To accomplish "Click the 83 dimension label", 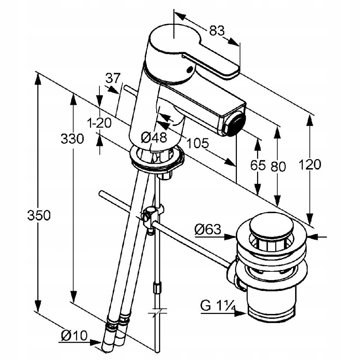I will pos(217,31).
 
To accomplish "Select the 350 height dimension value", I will pos(39,216).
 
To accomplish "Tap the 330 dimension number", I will pos(72,138).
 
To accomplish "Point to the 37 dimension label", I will pos(113,77).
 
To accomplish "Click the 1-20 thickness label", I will pos(99,123).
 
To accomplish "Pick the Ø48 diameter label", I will pos(154,137).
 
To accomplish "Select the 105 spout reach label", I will pos(197,143).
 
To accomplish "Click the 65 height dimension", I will pos(258,165).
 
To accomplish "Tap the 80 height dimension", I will pos(278,166).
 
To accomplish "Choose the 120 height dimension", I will pos(309,165).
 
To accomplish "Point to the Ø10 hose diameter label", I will pos(74,336).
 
